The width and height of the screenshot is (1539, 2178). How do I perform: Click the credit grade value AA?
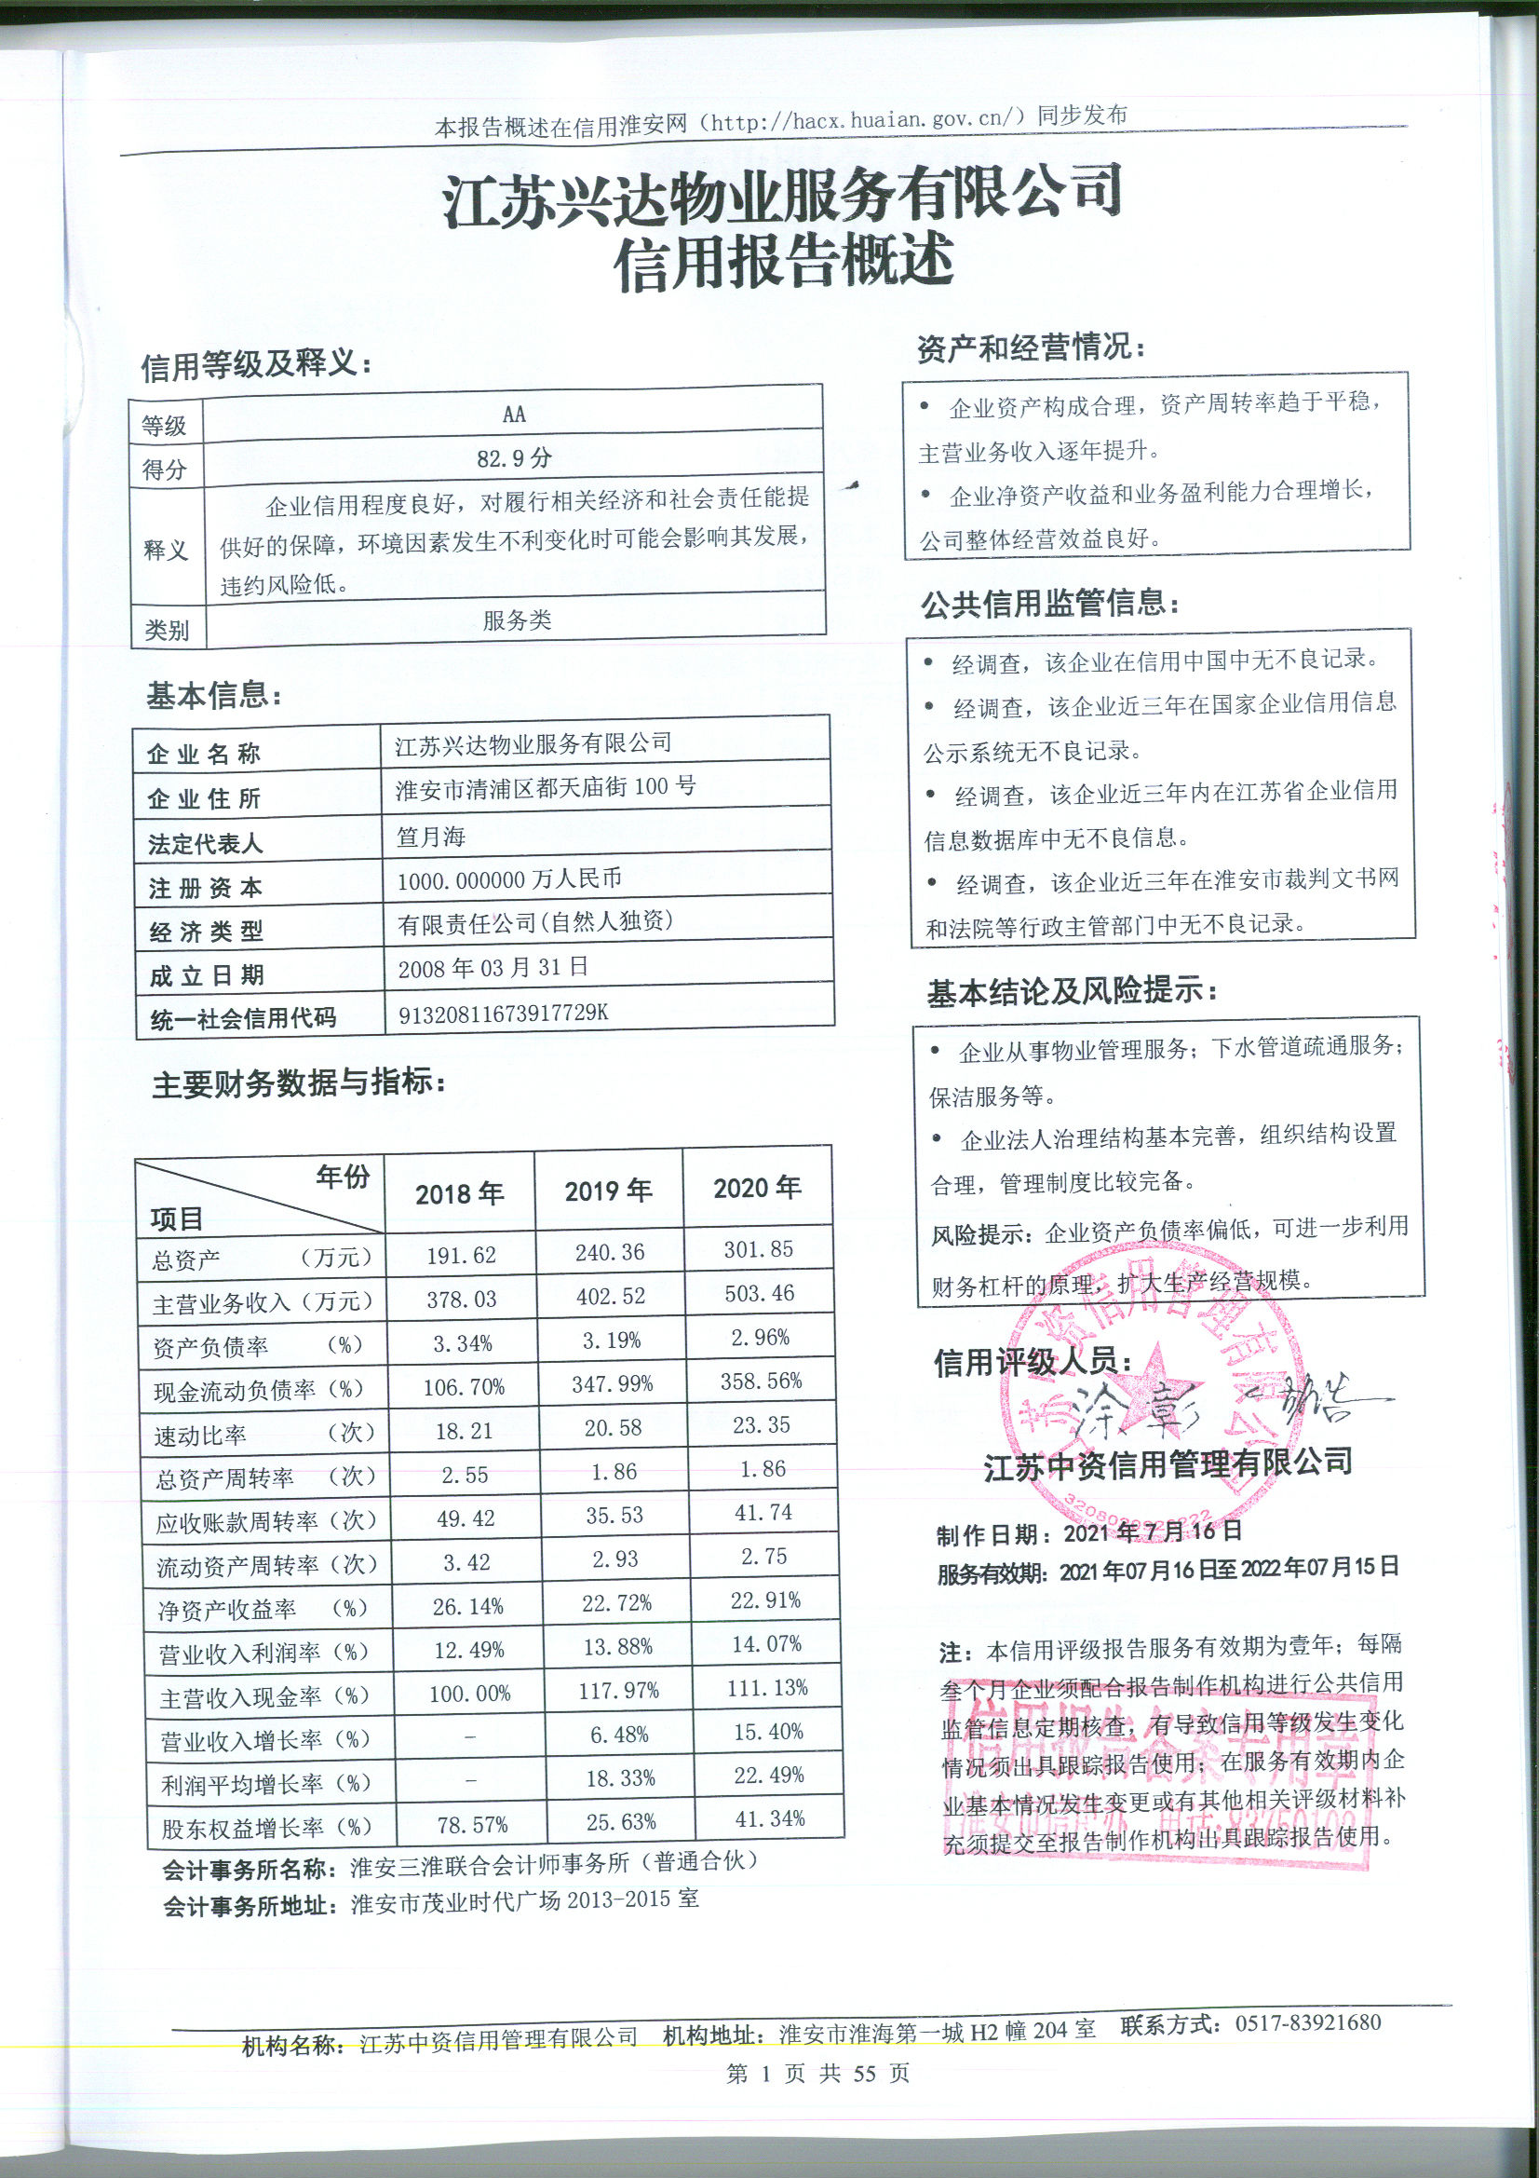tap(513, 415)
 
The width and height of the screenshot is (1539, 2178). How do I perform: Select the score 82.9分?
tap(513, 459)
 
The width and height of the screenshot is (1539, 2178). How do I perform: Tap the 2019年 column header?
tap(608, 1191)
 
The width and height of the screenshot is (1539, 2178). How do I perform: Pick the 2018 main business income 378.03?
tap(461, 1299)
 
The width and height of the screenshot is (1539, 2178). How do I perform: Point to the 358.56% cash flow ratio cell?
tap(761, 1382)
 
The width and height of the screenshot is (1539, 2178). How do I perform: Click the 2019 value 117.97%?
tap(618, 1691)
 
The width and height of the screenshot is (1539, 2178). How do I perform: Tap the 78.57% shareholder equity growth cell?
tap(472, 1824)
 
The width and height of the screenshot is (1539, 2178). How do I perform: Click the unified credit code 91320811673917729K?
tap(503, 1014)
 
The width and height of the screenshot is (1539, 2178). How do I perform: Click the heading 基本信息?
tap(213, 695)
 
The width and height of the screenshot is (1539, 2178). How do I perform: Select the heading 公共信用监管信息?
tap(1049, 604)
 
